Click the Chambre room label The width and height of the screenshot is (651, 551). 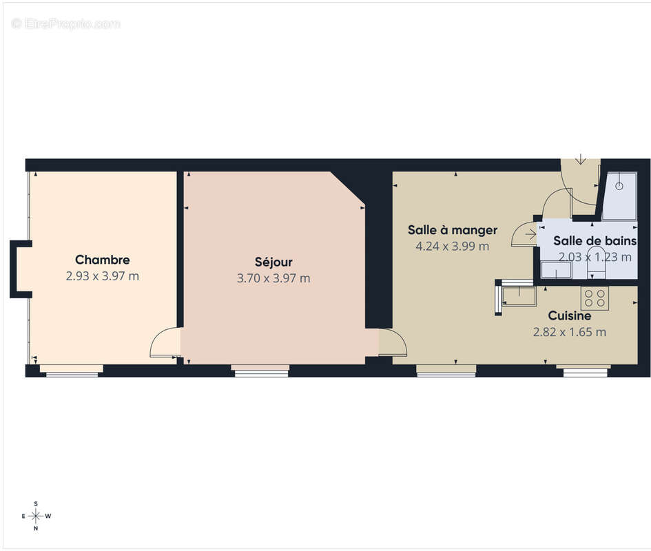pyautogui.click(x=103, y=260)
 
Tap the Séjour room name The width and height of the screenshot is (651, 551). pyautogui.click(x=273, y=262)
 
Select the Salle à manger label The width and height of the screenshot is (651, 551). pyautogui.click(x=453, y=230)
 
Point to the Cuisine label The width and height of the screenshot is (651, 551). pyautogui.click(x=570, y=316)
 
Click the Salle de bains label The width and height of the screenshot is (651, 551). pyautogui.click(x=595, y=241)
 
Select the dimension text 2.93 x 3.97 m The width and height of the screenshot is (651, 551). pyautogui.click(x=103, y=276)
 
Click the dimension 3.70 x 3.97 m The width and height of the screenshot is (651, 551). pyautogui.click(x=273, y=278)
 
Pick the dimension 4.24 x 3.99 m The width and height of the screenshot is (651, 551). pyautogui.click(x=453, y=246)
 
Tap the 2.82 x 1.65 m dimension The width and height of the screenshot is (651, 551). pyautogui.click(x=570, y=332)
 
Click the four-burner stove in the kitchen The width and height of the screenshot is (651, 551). pyautogui.click(x=595, y=298)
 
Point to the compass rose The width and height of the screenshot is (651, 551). pyautogui.click(x=36, y=516)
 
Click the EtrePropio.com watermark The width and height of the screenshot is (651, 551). pyautogui.click(x=66, y=23)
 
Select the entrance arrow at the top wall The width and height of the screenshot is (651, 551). pyautogui.click(x=581, y=159)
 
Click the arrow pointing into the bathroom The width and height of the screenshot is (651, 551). pyautogui.click(x=530, y=235)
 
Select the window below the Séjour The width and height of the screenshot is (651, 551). pyautogui.click(x=260, y=371)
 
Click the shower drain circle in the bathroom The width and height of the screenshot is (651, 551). pyautogui.click(x=619, y=186)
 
